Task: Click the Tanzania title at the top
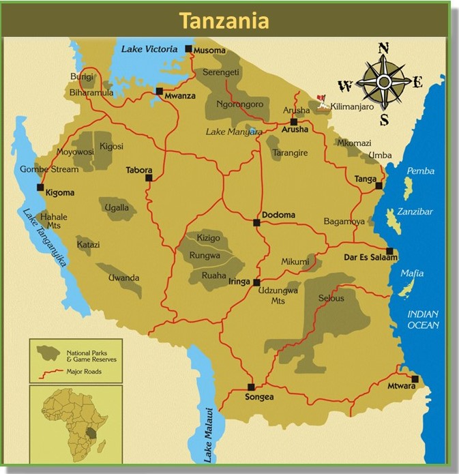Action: click(x=224, y=20)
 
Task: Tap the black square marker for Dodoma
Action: click(x=256, y=222)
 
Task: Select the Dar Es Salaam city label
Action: click(x=370, y=257)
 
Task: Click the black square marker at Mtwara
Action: click(x=415, y=379)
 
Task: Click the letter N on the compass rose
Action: click(x=383, y=48)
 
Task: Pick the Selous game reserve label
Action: click(x=331, y=298)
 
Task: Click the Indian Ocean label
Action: click(x=424, y=319)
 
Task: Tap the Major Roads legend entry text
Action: click(x=84, y=372)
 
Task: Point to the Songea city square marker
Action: click(x=251, y=386)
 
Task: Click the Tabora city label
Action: click(x=138, y=170)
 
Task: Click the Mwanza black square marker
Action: click(x=159, y=91)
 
